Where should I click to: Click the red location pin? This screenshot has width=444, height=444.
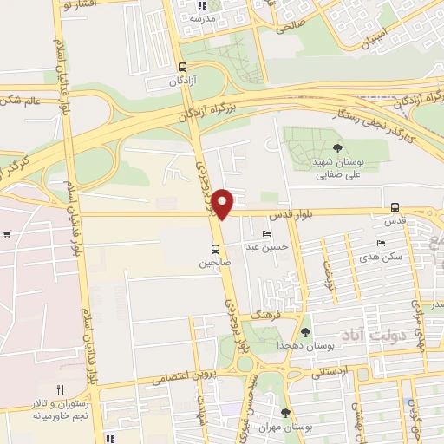(x=223, y=203)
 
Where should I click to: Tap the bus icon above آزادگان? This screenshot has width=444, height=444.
(x=181, y=67)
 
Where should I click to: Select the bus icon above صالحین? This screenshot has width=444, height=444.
(x=215, y=248)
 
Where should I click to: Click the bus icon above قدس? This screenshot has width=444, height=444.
(x=395, y=207)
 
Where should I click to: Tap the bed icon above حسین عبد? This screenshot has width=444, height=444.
(x=265, y=234)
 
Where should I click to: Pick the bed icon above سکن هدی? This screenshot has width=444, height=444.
(x=381, y=243)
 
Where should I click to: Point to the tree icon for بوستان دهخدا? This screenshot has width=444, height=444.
(x=304, y=331)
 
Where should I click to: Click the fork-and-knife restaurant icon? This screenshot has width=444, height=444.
(x=60, y=391)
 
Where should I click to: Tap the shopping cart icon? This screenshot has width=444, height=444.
(x=7, y=232)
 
